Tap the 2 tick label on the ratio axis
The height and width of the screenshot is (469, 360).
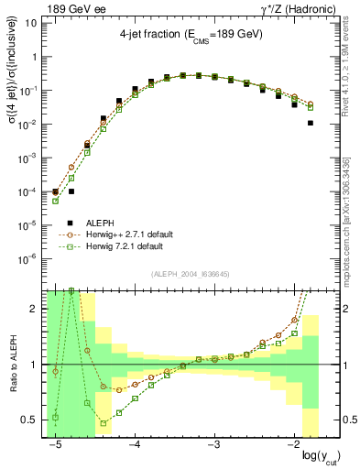(x=34, y=309)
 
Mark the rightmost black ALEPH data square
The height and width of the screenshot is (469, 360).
(x=311, y=123)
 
